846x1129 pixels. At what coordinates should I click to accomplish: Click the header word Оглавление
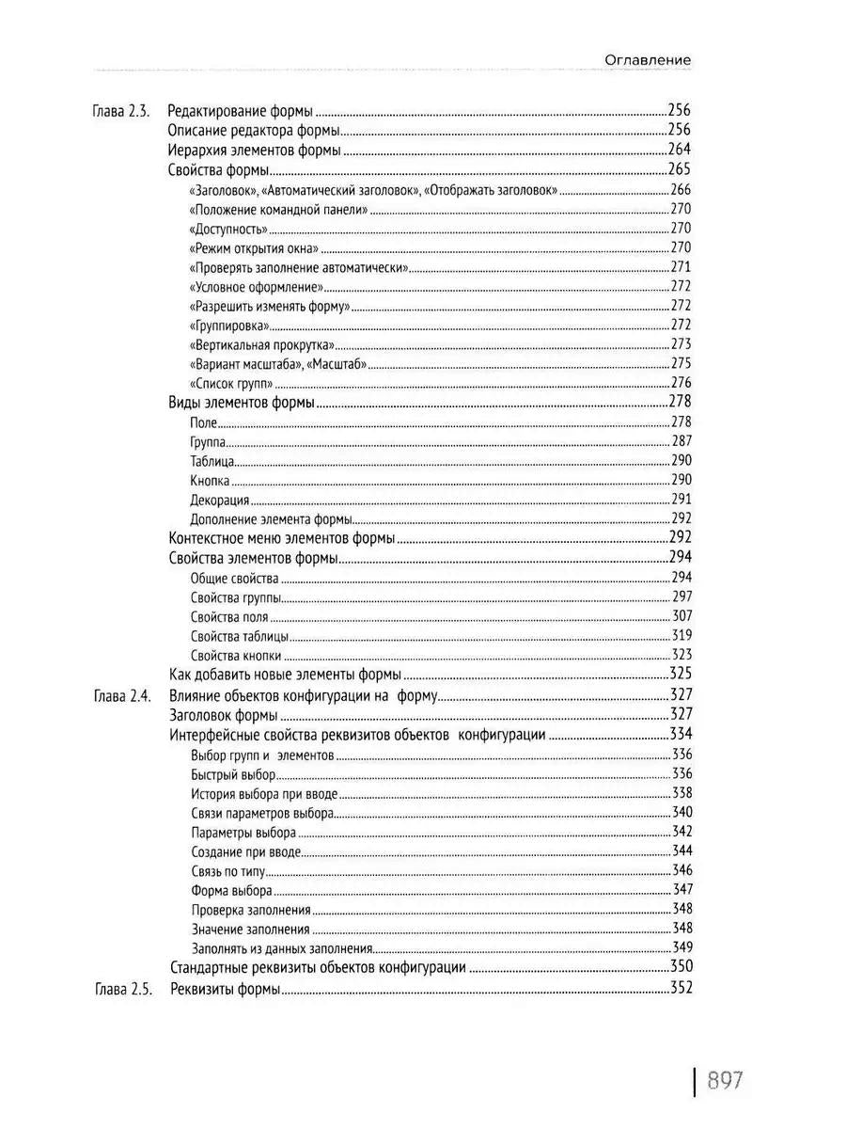[x=648, y=59]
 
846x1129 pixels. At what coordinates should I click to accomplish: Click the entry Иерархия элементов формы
[x=254, y=151]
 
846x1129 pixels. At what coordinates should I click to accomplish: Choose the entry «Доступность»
[x=228, y=229]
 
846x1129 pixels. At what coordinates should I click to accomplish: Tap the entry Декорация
[x=219, y=501]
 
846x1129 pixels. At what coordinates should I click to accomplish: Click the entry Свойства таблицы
[x=239, y=636]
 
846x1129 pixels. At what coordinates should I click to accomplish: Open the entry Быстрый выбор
[x=232, y=774]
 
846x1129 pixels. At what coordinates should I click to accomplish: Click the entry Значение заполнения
[x=250, y=929]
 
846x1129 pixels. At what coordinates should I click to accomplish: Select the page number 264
[x=679, y=151]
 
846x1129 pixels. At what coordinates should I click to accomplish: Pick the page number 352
[x=679, y=989]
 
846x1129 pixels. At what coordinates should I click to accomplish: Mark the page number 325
[x=679, y=674]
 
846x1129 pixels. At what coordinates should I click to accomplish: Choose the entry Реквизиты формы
[x=225, y=989]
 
